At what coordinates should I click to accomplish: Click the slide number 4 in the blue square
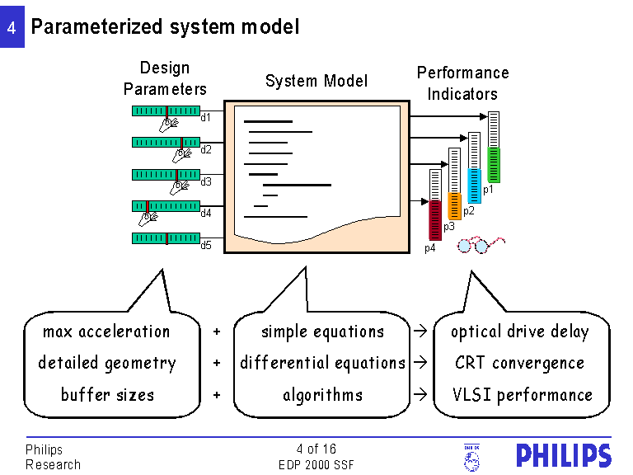pos(12,27)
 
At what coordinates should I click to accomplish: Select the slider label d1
pos(206,117)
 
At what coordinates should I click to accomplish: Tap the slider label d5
pos(206,245)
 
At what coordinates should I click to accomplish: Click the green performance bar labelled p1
pos(494,165)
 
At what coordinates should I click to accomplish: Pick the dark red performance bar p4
pos(435,220)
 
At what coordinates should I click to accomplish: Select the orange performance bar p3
pos(454,206)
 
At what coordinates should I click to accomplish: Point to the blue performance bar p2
pos(474,186)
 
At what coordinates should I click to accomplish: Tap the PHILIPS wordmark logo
pos(564,456)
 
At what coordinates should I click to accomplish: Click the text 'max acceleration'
pos(106,332)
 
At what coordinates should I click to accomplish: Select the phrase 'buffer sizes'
pos(107,394)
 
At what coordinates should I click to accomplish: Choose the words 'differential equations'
pos(322,363)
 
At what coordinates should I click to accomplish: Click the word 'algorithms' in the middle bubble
pos(322,394)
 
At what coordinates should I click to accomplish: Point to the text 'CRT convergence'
pos(519,363)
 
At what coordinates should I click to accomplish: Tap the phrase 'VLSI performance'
pos(522,394)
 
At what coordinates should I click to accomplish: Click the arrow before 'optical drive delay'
pos(420,332)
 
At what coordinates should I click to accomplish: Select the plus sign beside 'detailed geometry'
pos(217,363)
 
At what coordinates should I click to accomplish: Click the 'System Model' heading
pos(316,81)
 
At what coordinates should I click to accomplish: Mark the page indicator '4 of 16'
pos(316,449)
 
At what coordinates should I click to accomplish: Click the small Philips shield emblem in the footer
pos(471,457)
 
